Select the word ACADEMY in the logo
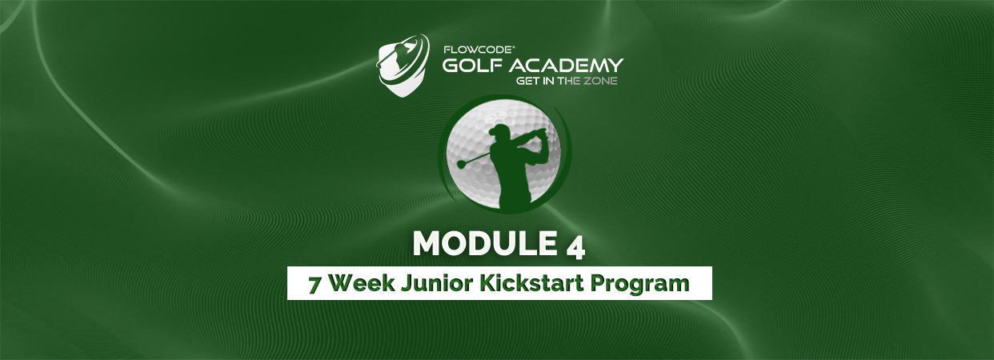pos(566,65)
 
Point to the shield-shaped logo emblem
pos(403,66)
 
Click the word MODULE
pos(485,243)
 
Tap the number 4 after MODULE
pos(575,249)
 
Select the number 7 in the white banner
pos(315,285)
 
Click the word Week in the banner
pos(362,283)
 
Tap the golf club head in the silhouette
pos(461,165)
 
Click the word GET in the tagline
pos(525,81)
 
